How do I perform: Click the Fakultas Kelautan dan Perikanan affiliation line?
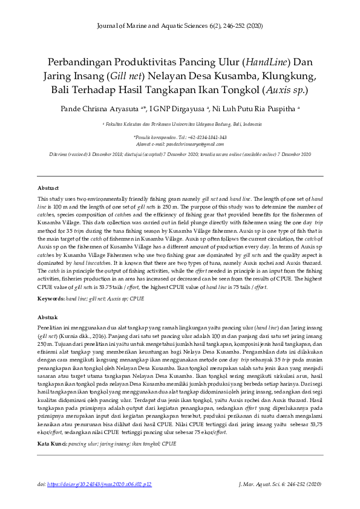180,123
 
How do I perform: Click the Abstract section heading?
48,188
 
